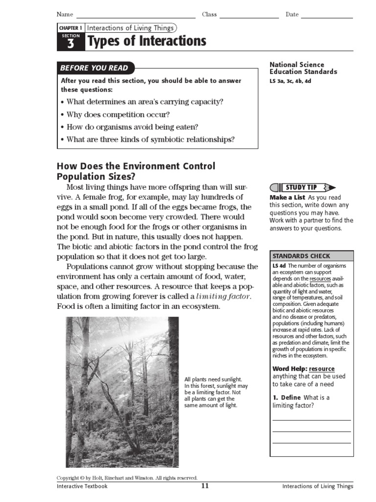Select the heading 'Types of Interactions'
point(146,42)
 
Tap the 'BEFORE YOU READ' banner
point(94,68)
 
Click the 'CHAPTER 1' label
point(70,28)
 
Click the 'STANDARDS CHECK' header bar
point(311,256)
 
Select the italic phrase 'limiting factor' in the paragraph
point(223,297)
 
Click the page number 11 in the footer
point(205,486)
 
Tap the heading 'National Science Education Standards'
point(304,68)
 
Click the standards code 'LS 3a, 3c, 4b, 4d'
point(290,81)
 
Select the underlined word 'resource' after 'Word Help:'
point(322,369)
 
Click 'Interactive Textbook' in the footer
point(82,486)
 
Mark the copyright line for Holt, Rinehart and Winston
point(127,477)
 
